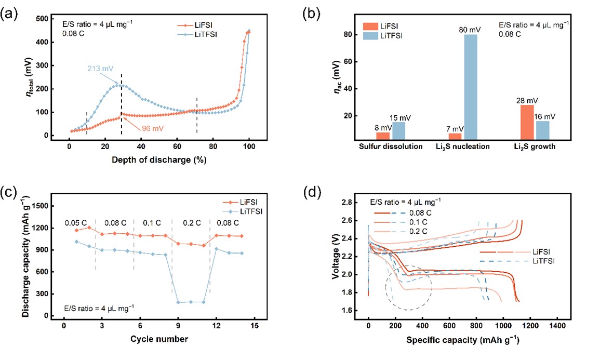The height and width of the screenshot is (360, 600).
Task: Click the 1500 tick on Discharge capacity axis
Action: click(45, 206)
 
